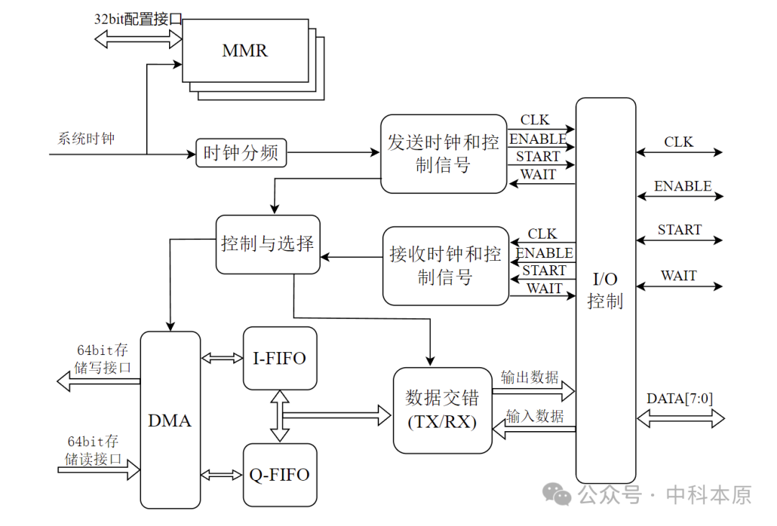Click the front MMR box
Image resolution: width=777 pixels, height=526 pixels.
pos(244,51)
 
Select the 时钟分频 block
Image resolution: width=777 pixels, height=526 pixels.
pos(241,153)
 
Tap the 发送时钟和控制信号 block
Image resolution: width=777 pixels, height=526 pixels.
pos(443,154)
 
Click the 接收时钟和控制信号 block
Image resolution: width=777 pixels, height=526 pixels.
pos(445,266)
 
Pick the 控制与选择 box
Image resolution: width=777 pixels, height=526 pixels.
pos(268,244)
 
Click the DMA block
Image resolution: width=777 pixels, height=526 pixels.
pos(170,420)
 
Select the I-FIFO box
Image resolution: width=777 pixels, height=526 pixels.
pos(279,359)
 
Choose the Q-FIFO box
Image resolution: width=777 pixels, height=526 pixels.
pos(279,474)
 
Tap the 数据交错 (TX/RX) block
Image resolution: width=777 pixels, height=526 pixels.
pos(442,410)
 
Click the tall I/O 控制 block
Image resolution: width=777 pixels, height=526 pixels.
pos(605,290)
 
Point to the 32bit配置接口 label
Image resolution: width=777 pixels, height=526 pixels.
pos(137,19)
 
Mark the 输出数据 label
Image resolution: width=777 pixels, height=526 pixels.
pos(530,377)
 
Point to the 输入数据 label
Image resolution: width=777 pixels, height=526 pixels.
pos(535,416)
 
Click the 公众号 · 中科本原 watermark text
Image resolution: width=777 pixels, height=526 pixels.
pos(665,494)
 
